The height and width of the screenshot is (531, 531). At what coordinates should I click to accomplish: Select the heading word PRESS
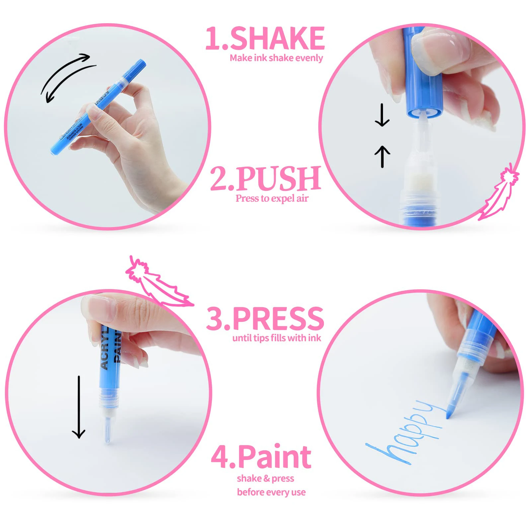(x=278, y=319)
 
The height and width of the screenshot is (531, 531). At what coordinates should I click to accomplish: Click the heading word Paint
(x=274, y=457)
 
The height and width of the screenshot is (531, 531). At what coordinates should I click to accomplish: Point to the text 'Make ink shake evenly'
(x=276, y=58)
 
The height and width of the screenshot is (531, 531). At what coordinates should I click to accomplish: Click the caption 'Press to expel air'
(x=272, y=198)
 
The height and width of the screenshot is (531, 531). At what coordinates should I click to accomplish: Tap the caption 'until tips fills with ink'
(x=276, y=338)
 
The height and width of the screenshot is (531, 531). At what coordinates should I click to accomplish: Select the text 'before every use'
(x=271, y=492)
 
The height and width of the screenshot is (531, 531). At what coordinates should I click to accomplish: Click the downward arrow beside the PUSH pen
(x=382, y=115)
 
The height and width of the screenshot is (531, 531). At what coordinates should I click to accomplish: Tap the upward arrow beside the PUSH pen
(x=382, y=157)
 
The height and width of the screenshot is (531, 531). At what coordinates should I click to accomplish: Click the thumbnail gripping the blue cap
(x=441, y=50)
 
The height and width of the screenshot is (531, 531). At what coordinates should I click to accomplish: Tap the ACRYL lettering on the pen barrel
(x=105, y=348)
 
